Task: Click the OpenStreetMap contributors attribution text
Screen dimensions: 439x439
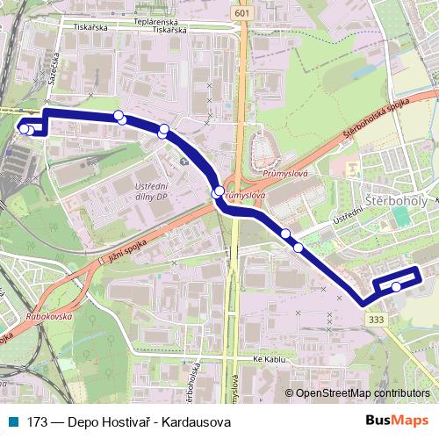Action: [x=359, y=393]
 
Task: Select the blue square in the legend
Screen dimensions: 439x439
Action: [x=17, y=421]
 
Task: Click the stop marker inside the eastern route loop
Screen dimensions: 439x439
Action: [x=396, y=286]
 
